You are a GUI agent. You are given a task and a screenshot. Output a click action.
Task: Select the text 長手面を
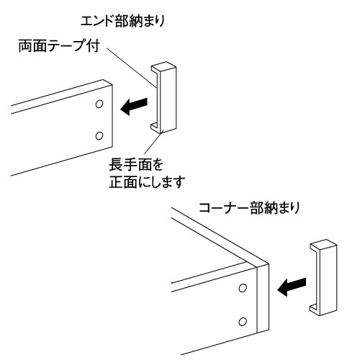click(x=130, y=163)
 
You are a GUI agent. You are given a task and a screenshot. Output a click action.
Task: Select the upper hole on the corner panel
click(x=243, y=288)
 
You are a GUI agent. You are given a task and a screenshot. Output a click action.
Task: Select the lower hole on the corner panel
click(x=243, y=320)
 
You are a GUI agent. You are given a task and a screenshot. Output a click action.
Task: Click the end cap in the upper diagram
click(x=163, y=99)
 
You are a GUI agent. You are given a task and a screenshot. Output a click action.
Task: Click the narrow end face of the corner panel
click(x=262, y=302)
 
